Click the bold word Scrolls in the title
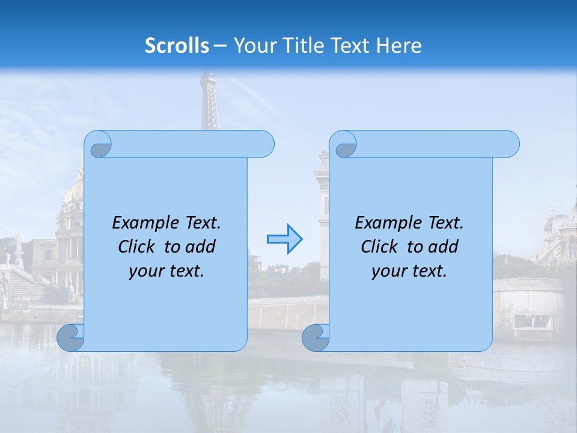177,46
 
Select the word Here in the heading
399,46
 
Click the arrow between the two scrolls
284,239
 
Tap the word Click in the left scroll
138,247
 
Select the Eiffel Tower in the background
209,102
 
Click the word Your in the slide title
252,46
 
